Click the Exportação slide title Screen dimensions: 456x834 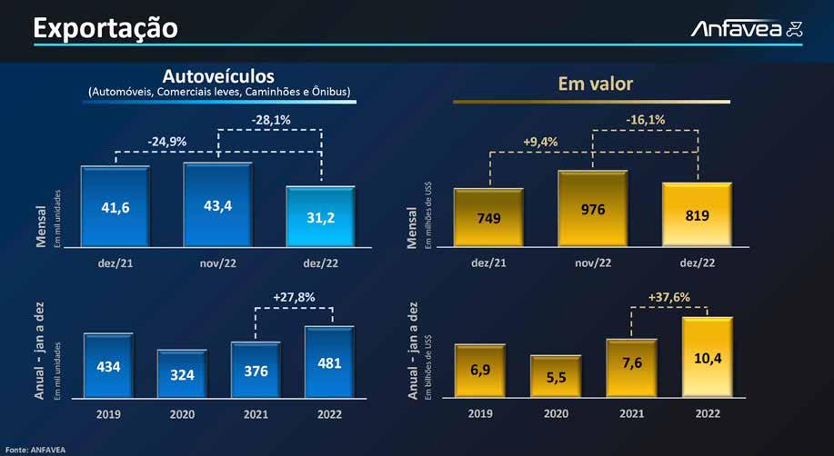105,28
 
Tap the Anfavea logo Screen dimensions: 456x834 747,29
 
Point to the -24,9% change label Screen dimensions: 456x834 166,141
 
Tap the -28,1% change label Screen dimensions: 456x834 270,118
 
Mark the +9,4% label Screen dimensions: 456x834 540,141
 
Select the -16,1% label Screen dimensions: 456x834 645,118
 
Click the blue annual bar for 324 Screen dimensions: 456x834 182,372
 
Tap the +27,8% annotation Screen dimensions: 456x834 294,296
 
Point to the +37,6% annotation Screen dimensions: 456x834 669,296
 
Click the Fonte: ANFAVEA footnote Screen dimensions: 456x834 29,449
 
